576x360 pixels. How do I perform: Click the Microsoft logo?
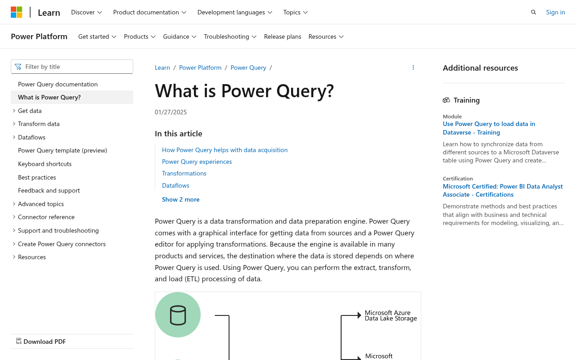(x=17, y=12)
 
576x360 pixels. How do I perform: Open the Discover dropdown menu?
(x=86, y=12)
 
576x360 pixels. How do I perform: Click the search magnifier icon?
(x=533, y=12)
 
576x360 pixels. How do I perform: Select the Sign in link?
(x=555, y=12)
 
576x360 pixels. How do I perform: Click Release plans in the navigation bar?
(x=283, y=36)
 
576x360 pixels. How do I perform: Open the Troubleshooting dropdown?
(x=230, y=36)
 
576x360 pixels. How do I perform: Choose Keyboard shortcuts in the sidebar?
(x=45, y=164)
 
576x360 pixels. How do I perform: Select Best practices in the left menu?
(x=37, y=177)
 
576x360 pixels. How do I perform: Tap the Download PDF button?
(x=41, y=342)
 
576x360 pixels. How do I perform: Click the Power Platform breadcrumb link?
(x=200, y=67)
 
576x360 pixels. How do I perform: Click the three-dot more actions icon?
(x=413, y=67)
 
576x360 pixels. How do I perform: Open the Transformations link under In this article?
(x=184, y=173)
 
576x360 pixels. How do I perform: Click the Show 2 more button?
(x=180, y=199)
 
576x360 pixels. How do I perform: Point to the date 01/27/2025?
(x=171, y=112)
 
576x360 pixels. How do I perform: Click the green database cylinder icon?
(x=178, y=315)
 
